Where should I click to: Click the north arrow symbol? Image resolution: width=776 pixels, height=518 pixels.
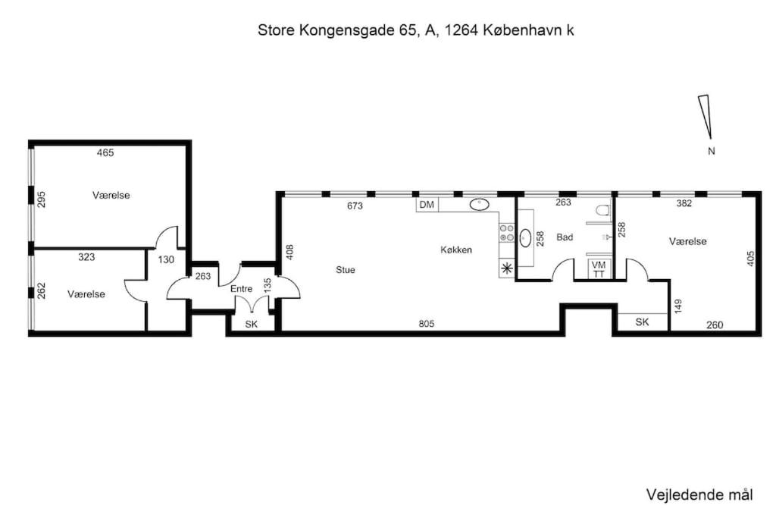click(706, 116)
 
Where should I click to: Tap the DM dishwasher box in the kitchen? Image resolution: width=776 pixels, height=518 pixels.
click(427, 205)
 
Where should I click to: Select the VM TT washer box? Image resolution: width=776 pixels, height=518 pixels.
click(599, 269)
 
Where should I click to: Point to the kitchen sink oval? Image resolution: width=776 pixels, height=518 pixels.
click(479, 203)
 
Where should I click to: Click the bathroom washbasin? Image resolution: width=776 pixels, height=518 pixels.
click(525, 237)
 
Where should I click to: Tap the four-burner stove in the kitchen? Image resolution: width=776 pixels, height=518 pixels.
click(507, 234)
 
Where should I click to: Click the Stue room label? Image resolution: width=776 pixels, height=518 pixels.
click(345, 270)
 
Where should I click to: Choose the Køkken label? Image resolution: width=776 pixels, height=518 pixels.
click(455, 250)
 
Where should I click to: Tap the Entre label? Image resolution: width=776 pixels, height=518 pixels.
click(241, 289)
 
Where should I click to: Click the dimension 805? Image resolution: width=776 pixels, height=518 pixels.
click(426, 324)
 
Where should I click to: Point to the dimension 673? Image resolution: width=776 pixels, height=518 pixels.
click(355, 206)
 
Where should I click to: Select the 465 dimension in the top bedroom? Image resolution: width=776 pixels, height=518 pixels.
click(105, 153)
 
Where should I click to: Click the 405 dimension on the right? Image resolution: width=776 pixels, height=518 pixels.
click(750, 259)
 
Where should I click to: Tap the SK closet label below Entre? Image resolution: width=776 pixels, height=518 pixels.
click(252, 325)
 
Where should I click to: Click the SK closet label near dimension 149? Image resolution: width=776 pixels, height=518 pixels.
click(642, 322)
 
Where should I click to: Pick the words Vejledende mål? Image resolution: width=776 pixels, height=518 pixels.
click(699, 494)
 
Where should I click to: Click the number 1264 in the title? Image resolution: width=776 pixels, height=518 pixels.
click(461, 30)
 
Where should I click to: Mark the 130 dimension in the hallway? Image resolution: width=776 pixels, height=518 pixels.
click(166, 259)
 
